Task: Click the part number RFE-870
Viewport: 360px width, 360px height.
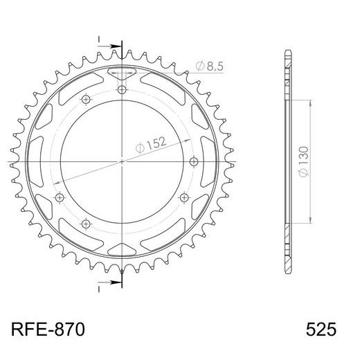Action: tap(49, 329)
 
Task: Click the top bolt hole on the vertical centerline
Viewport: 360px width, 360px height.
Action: tap(123, 89)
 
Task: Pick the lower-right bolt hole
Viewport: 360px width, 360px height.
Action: tap(184, 198)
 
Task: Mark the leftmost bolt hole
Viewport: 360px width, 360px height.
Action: tap(58, 198)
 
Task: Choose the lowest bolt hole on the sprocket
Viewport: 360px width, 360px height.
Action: tap(86, 223)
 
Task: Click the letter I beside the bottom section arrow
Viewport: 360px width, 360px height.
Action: tap(99, 290)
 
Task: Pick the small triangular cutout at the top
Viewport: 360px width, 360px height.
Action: tap(123, 74)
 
